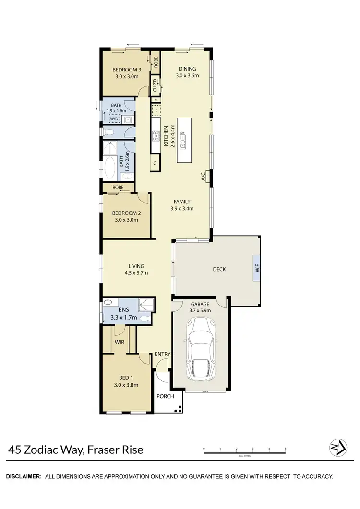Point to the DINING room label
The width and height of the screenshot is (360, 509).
tap(187, 69)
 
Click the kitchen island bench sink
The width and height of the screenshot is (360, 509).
tap(183, 141)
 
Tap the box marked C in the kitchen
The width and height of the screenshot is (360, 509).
tap(155, 163)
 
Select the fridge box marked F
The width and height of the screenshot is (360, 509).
tap(155, 111)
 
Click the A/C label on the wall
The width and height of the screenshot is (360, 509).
tap(204, 176)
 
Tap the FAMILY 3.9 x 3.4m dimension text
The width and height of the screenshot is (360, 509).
tap(182, 208)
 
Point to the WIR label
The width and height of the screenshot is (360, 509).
tap(120, 342)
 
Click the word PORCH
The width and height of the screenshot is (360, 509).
tap(166, 396)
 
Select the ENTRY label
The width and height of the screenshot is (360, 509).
tap(162, 355)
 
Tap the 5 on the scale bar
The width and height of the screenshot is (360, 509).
tap(285, 450)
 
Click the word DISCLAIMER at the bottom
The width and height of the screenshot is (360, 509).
tap(24, 476)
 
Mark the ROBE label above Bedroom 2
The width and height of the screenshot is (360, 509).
tap(118, 187)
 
